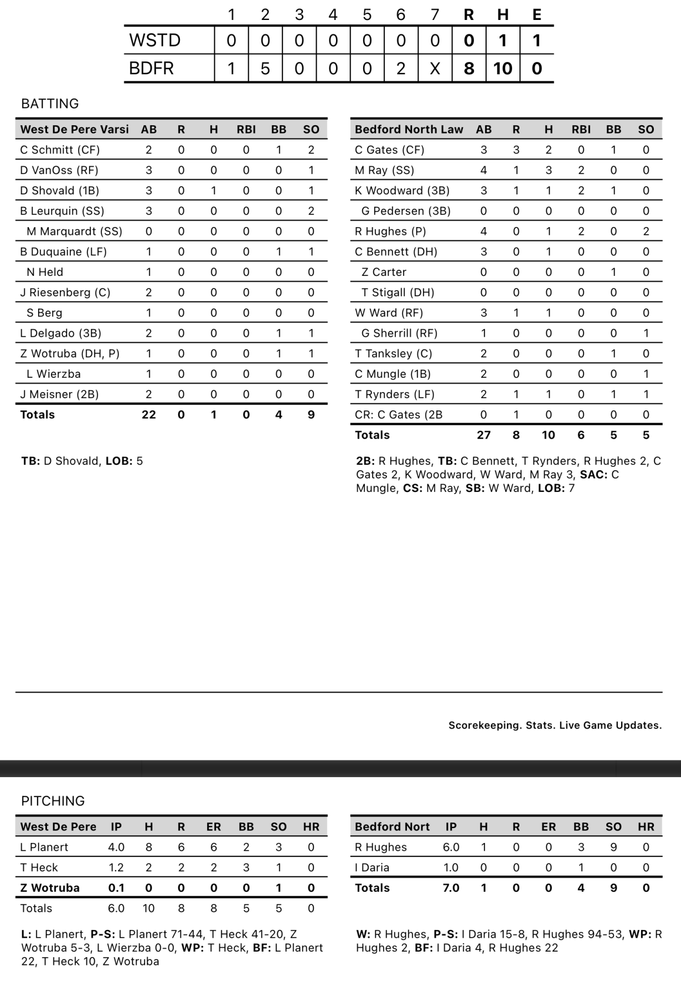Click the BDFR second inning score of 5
coord(265,68)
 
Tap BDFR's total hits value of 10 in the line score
coord(503,68)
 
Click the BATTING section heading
coord(50,104)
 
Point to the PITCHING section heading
coord(53,801)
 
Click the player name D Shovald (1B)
coord(60,191)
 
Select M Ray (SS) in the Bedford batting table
coord(384,170)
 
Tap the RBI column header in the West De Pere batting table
coord(246,130)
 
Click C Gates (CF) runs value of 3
coord(516,150)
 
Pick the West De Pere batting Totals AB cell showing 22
coord(148,414)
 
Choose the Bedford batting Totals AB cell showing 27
coord(483,435)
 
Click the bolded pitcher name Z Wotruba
coord(50,888)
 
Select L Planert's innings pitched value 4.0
coord(116,847)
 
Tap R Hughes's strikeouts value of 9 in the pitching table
coord(613,847)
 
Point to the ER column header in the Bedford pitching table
coord(548,827)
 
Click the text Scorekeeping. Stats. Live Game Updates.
coord(555,725)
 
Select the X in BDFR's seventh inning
coord(435,68)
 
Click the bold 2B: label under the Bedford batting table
coord(365,461)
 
